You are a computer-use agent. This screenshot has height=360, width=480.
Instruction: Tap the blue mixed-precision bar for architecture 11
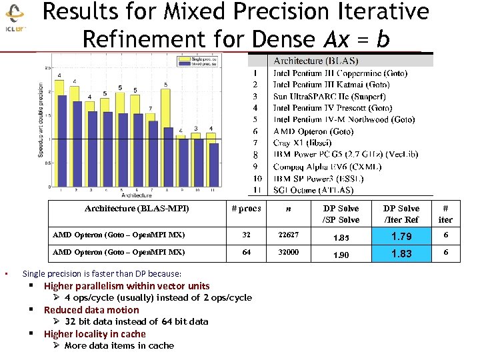(x=212, y=164)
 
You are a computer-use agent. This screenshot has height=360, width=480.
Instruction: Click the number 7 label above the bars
(x=150, y=108)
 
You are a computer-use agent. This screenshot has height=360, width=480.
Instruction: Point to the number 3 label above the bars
(x=196, y=128)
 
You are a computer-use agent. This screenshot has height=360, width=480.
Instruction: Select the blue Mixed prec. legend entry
(x=193, y=65)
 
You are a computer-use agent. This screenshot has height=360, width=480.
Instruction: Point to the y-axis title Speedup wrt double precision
(x=41, y=120)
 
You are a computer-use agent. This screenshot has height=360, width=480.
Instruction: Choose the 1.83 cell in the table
(x=401, y=253)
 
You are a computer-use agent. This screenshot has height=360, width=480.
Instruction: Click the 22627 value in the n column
(x=288, y=235)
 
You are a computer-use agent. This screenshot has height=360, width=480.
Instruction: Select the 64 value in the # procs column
(x=246, y=253)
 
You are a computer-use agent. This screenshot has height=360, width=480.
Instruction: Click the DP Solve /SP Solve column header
(x=341, y=214)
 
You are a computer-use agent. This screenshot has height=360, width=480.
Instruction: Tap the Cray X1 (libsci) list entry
(x=307, y=143)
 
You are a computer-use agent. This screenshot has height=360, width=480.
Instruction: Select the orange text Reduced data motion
(x=91, y=310)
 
